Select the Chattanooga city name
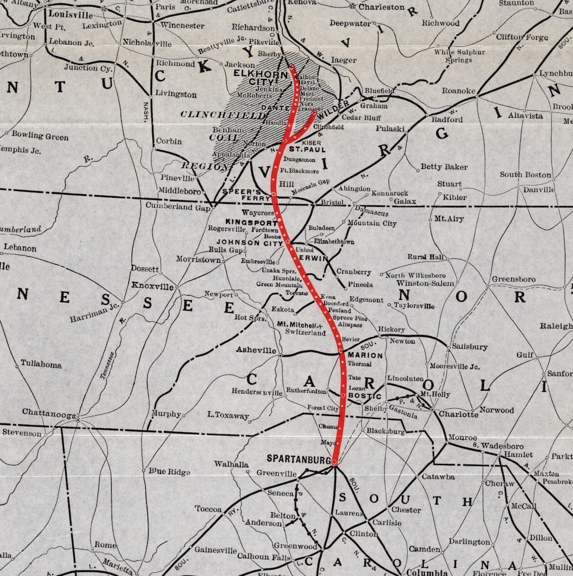pos(49,412)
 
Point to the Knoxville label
pos(152,286)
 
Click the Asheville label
pos(256,350)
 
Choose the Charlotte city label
pos(458,414)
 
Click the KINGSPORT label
pos(251,222)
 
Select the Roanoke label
pos(458,90)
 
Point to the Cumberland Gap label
pos(177,206)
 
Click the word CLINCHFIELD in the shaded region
pos(223,115)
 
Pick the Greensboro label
pos(513,279)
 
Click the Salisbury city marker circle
pos(448,347)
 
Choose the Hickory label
pos(391,329)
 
